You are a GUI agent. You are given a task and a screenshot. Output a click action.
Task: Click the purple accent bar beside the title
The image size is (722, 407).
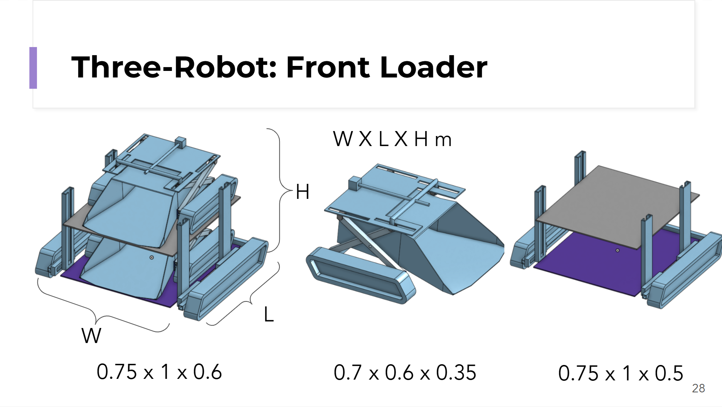click(x=33, y=68)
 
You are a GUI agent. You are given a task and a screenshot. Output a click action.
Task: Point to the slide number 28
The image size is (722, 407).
click(x=698, y=388)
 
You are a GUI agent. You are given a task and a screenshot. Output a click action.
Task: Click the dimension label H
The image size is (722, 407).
click(x=303, y=192)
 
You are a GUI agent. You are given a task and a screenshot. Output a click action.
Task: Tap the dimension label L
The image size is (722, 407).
click(x=269, y=315)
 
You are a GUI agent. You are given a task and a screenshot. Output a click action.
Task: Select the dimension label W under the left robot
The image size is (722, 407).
click(x=91, y=335)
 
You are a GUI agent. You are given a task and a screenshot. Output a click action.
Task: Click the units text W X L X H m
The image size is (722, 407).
click(x=392, y=139)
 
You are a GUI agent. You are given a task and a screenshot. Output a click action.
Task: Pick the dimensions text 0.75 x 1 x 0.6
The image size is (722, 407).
click(x=159, y=372)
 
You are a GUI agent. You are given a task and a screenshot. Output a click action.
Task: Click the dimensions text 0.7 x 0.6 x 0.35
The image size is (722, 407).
click(x=405, y=373)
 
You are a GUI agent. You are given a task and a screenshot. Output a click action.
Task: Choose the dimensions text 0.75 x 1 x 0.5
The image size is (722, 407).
click(x=621, y=373)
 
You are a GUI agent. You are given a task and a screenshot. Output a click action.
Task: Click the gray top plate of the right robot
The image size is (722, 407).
click(x=617, y=206)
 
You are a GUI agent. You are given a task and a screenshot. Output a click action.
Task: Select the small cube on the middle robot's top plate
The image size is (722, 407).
click(x=354, y=183)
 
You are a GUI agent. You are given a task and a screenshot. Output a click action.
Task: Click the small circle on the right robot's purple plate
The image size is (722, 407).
click(x=618, y=251)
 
